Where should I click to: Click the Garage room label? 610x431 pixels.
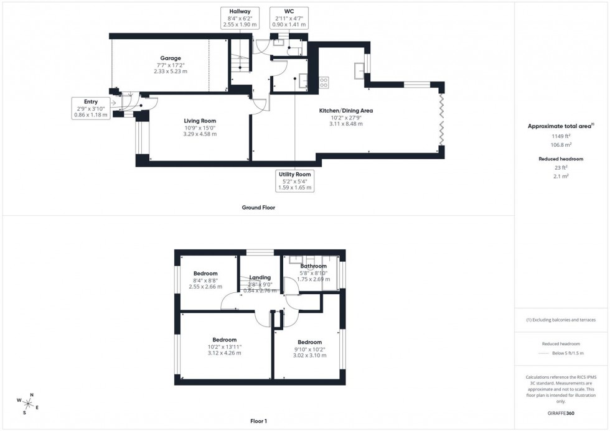[x=170, y=58]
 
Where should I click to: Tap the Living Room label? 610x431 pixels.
[x=200, y=121]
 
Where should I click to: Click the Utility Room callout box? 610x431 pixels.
[x=295, y=181]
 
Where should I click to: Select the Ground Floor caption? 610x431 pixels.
[x=258, y=208]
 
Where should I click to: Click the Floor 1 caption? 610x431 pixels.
[x=258, y=421]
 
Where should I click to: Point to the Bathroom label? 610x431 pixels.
[x=313, y=266]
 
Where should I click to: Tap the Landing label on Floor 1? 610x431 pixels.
[x=260, y=277]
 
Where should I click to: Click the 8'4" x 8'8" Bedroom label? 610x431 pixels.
[x=205, y=274]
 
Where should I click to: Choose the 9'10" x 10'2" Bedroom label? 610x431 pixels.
[x=309, y=342]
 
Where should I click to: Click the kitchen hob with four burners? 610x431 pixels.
[x=324, y=81]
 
